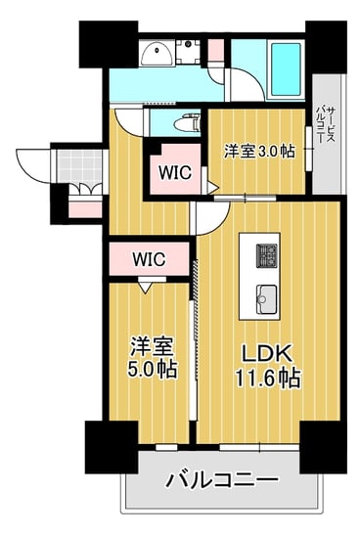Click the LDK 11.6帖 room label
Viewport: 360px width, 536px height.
tap(268, 366)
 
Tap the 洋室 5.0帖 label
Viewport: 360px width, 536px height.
tap(152, 357)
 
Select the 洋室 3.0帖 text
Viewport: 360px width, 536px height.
tap(259, 151)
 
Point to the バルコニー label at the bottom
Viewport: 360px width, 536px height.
tap(222, 481)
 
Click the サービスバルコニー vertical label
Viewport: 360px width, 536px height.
tap(326, 124)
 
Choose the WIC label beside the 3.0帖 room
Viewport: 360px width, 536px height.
tap(175, 172)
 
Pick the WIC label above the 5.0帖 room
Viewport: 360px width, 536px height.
tap(149, 259)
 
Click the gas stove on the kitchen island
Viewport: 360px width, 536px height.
tap(267, 255)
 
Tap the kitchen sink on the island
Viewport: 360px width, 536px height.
tap(267, 299)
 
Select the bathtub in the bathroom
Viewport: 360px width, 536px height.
tap(286, 69)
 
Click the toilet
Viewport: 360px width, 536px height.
tap(187, 123)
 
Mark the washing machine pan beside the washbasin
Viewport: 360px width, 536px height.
tap(188, 52)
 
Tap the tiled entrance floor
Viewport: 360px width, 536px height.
tap(79, 167)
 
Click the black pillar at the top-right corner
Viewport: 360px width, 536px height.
tap(326, 47)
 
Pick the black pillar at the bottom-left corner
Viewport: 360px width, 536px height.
tap(112, 447)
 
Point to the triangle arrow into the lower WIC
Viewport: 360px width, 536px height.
tap(146, 288)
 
